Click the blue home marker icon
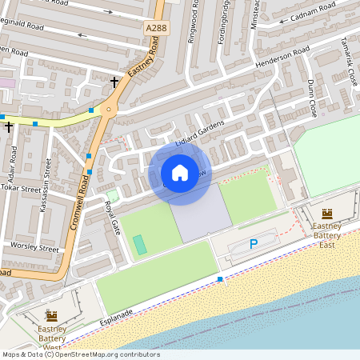coord(180,173)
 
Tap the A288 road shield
coord(157,28)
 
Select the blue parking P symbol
coord(254,244)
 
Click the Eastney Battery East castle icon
coord(326,213)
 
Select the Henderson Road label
coord(282,58)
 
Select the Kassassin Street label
coord(46,185)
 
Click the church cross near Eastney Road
coord(114,81)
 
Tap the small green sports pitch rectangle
coord(141,245)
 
